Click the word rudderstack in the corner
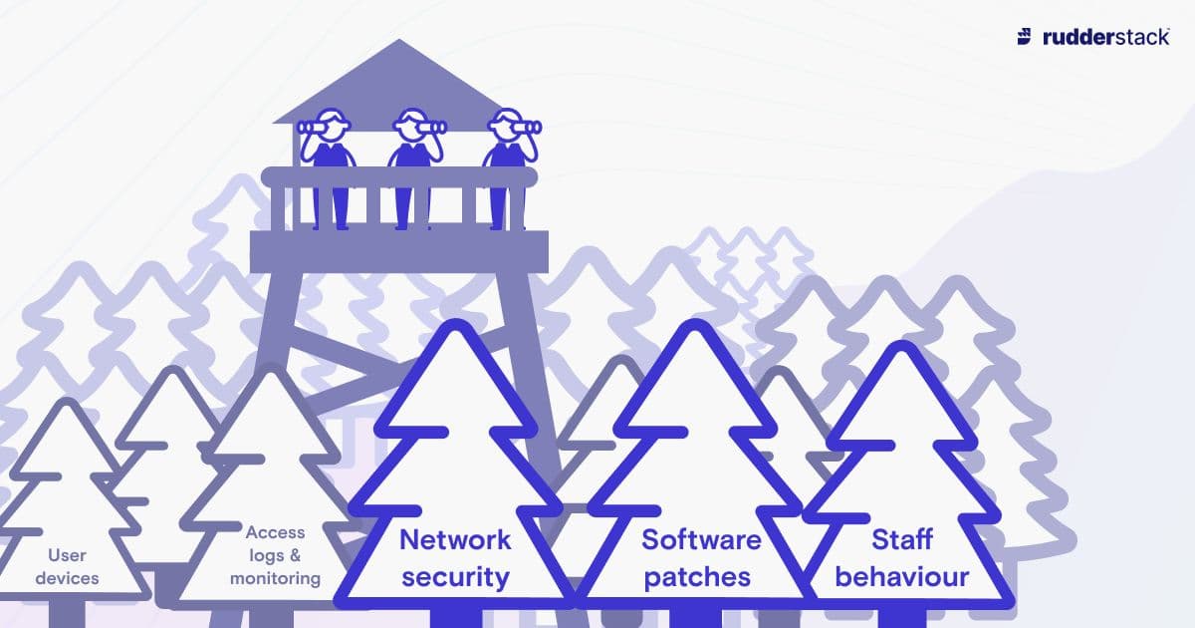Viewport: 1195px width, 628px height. point(1105,37)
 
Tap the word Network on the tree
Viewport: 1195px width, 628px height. point(455,540)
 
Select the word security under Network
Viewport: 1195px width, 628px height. point(455,576)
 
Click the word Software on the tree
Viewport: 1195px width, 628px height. point(701,540)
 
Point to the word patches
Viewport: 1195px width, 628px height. point(697,576)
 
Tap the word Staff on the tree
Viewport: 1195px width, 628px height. point(901,540)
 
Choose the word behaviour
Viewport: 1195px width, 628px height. point(901,576)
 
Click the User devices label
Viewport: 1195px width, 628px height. point(73,566)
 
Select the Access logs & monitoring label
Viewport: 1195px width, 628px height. point(275,555)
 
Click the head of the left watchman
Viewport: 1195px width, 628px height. point(331,126)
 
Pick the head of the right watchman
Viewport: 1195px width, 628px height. point(504,126)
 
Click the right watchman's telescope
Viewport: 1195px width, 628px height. point(528,127)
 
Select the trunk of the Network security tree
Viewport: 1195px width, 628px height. point(455,616)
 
